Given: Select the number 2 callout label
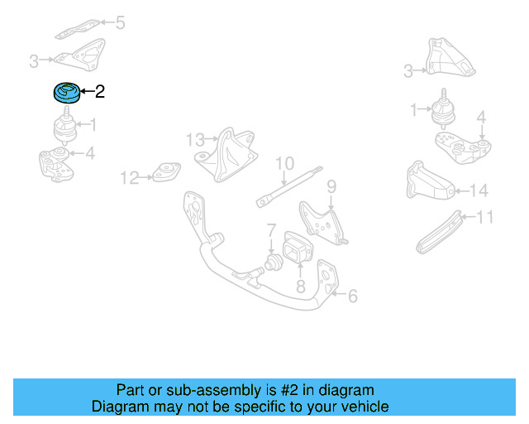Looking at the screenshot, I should point(99,92).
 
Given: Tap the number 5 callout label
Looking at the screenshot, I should point(120,22).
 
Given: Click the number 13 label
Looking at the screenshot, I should point(194,138).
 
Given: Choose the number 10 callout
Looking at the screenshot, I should point(284,163).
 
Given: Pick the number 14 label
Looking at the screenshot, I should point(479,191).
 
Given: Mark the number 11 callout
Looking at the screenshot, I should point(485,218).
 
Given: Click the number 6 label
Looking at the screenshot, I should point(352,295).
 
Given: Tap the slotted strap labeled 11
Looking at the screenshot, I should point(438,233).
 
